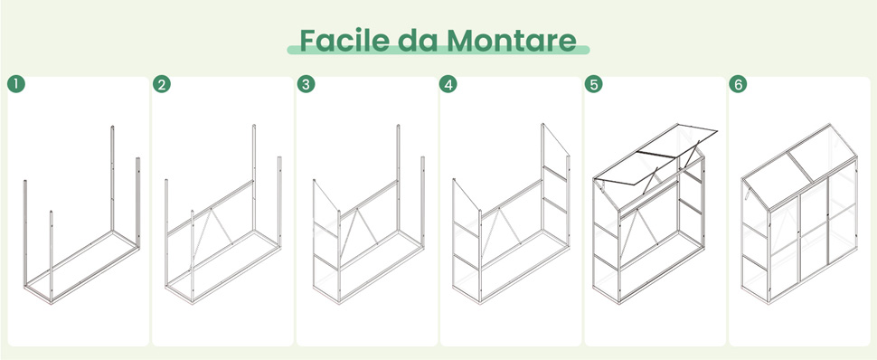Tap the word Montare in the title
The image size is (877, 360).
point(511,41)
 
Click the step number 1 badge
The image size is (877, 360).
point(16,84)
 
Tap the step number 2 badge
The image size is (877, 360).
point(162,84)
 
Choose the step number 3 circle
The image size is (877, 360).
point(306,84)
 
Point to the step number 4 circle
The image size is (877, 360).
point(448,84)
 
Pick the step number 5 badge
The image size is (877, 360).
point(593,84)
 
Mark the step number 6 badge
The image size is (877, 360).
point(738,84)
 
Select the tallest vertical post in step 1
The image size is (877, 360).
point(112,178)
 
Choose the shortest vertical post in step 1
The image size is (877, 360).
point(51,255)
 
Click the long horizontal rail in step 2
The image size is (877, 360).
point(211,207)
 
